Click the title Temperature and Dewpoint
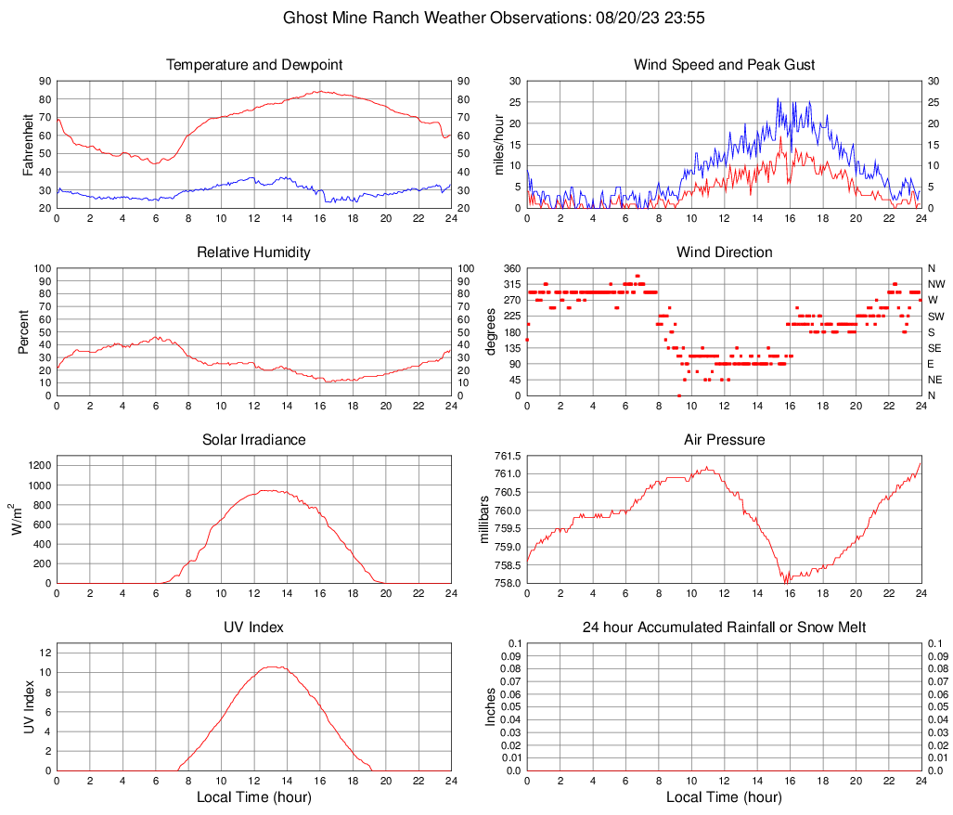253,65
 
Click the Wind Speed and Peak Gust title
724,65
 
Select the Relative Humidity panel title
253,252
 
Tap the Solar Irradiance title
253,440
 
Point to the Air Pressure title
724,440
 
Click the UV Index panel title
253,627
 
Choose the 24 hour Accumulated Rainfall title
724,627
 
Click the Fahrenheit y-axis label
28,144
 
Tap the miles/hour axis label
498,144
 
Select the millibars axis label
483,520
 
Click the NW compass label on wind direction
935,284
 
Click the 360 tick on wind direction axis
509,268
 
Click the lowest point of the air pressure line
787,582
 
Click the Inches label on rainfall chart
491,706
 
